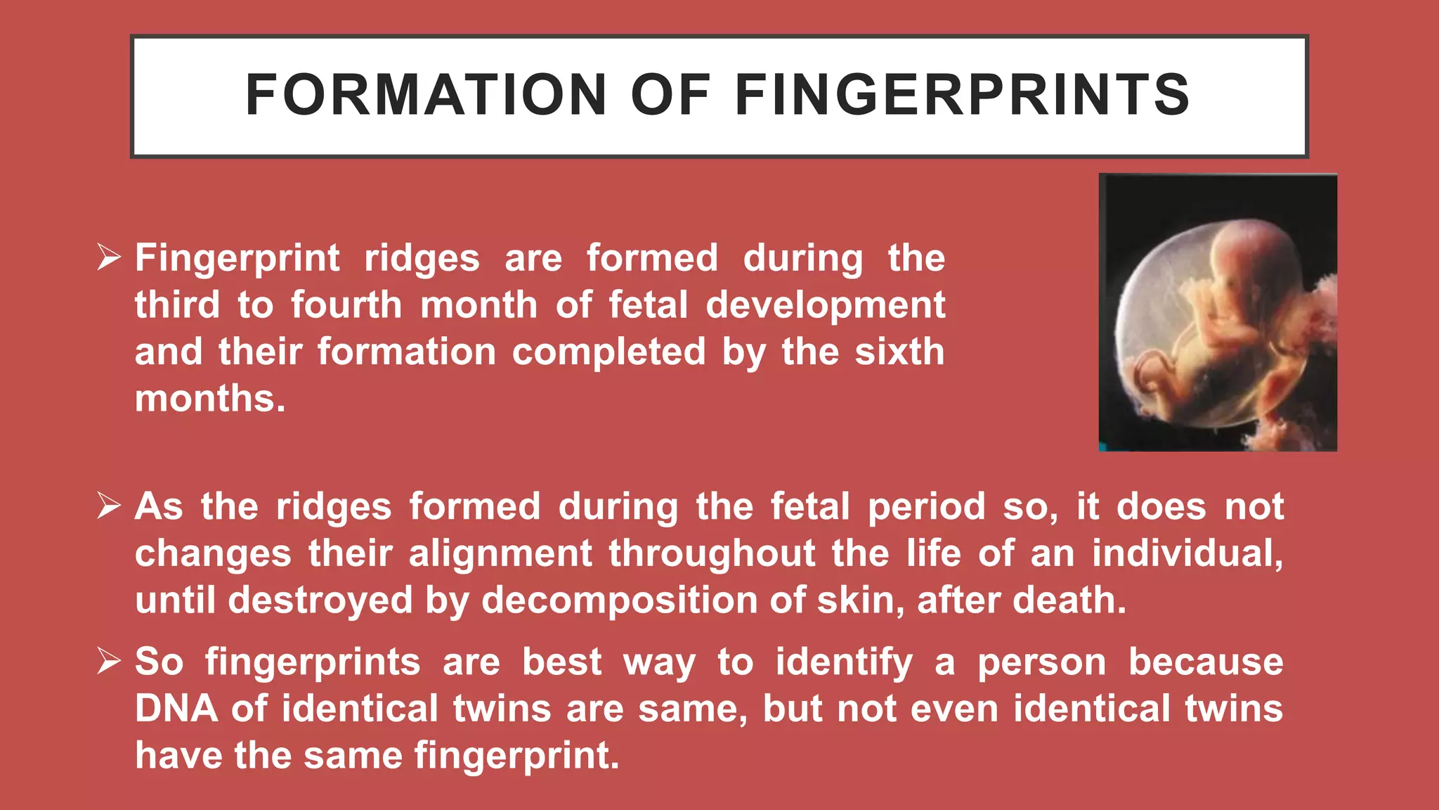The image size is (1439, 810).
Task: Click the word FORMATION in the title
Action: click(425, 95)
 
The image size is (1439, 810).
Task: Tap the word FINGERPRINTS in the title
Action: click(962, 95)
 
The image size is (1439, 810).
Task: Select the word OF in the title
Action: click(670, 95)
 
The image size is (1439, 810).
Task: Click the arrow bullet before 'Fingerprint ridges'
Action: click(110, 257)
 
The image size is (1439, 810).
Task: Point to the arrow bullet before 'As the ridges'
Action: click(110, 506)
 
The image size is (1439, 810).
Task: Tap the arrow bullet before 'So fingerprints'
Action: click(110, 661)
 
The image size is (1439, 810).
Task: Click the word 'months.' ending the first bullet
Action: click(210, 399)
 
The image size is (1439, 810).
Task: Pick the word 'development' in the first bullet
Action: click(826, 305)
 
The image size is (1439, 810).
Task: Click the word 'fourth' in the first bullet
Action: click(346, 305)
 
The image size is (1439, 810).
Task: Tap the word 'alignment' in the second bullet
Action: click(500, 553)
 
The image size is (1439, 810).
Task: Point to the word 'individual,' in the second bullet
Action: click(1187, 553)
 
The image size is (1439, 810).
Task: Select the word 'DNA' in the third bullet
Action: click(176, 708)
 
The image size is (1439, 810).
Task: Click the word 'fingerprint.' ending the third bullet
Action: click(516, 755)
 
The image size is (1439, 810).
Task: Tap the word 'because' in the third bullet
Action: click(1206, 662)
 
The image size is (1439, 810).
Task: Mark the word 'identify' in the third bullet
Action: click(844, 662)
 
